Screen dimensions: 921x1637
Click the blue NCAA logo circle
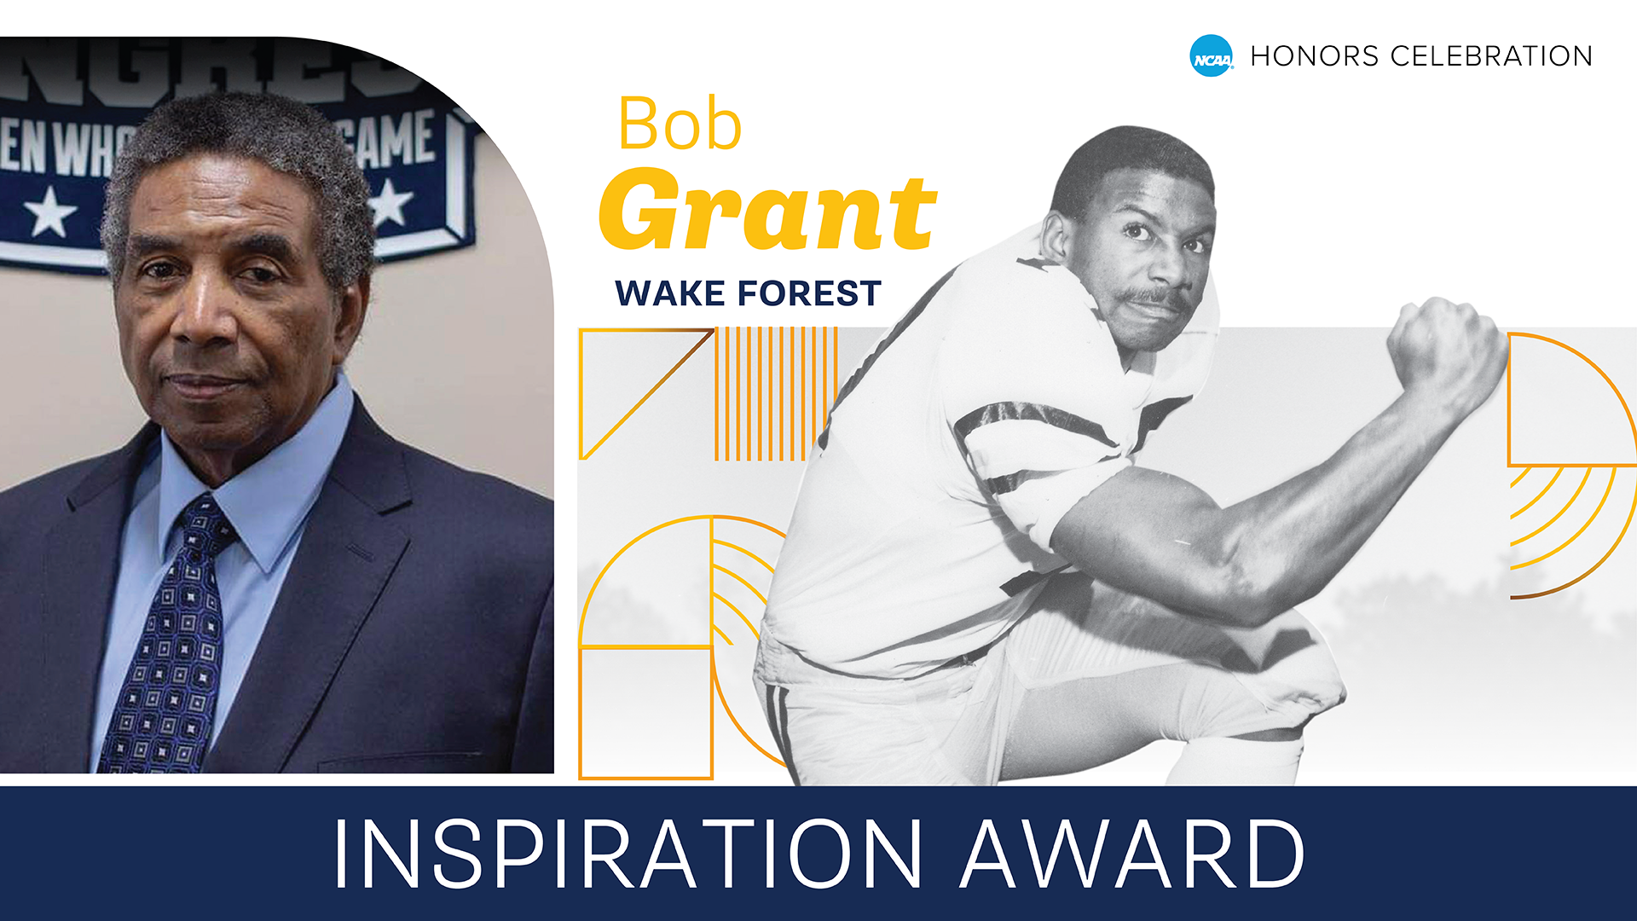(x=1211, y=56)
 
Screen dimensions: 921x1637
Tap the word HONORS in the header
(x=1314, y=56)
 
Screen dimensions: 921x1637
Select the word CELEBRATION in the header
(x=1491, y=56)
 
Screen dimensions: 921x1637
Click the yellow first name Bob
(x=680, y=125)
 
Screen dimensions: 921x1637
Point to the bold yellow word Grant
(x=767, y=211)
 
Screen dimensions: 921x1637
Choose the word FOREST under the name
(x=809, y=293)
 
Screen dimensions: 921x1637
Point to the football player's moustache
(x=1151, y=299)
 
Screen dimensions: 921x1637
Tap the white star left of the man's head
(x=49, y=211)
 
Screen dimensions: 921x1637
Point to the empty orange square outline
(x=645, y=713)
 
